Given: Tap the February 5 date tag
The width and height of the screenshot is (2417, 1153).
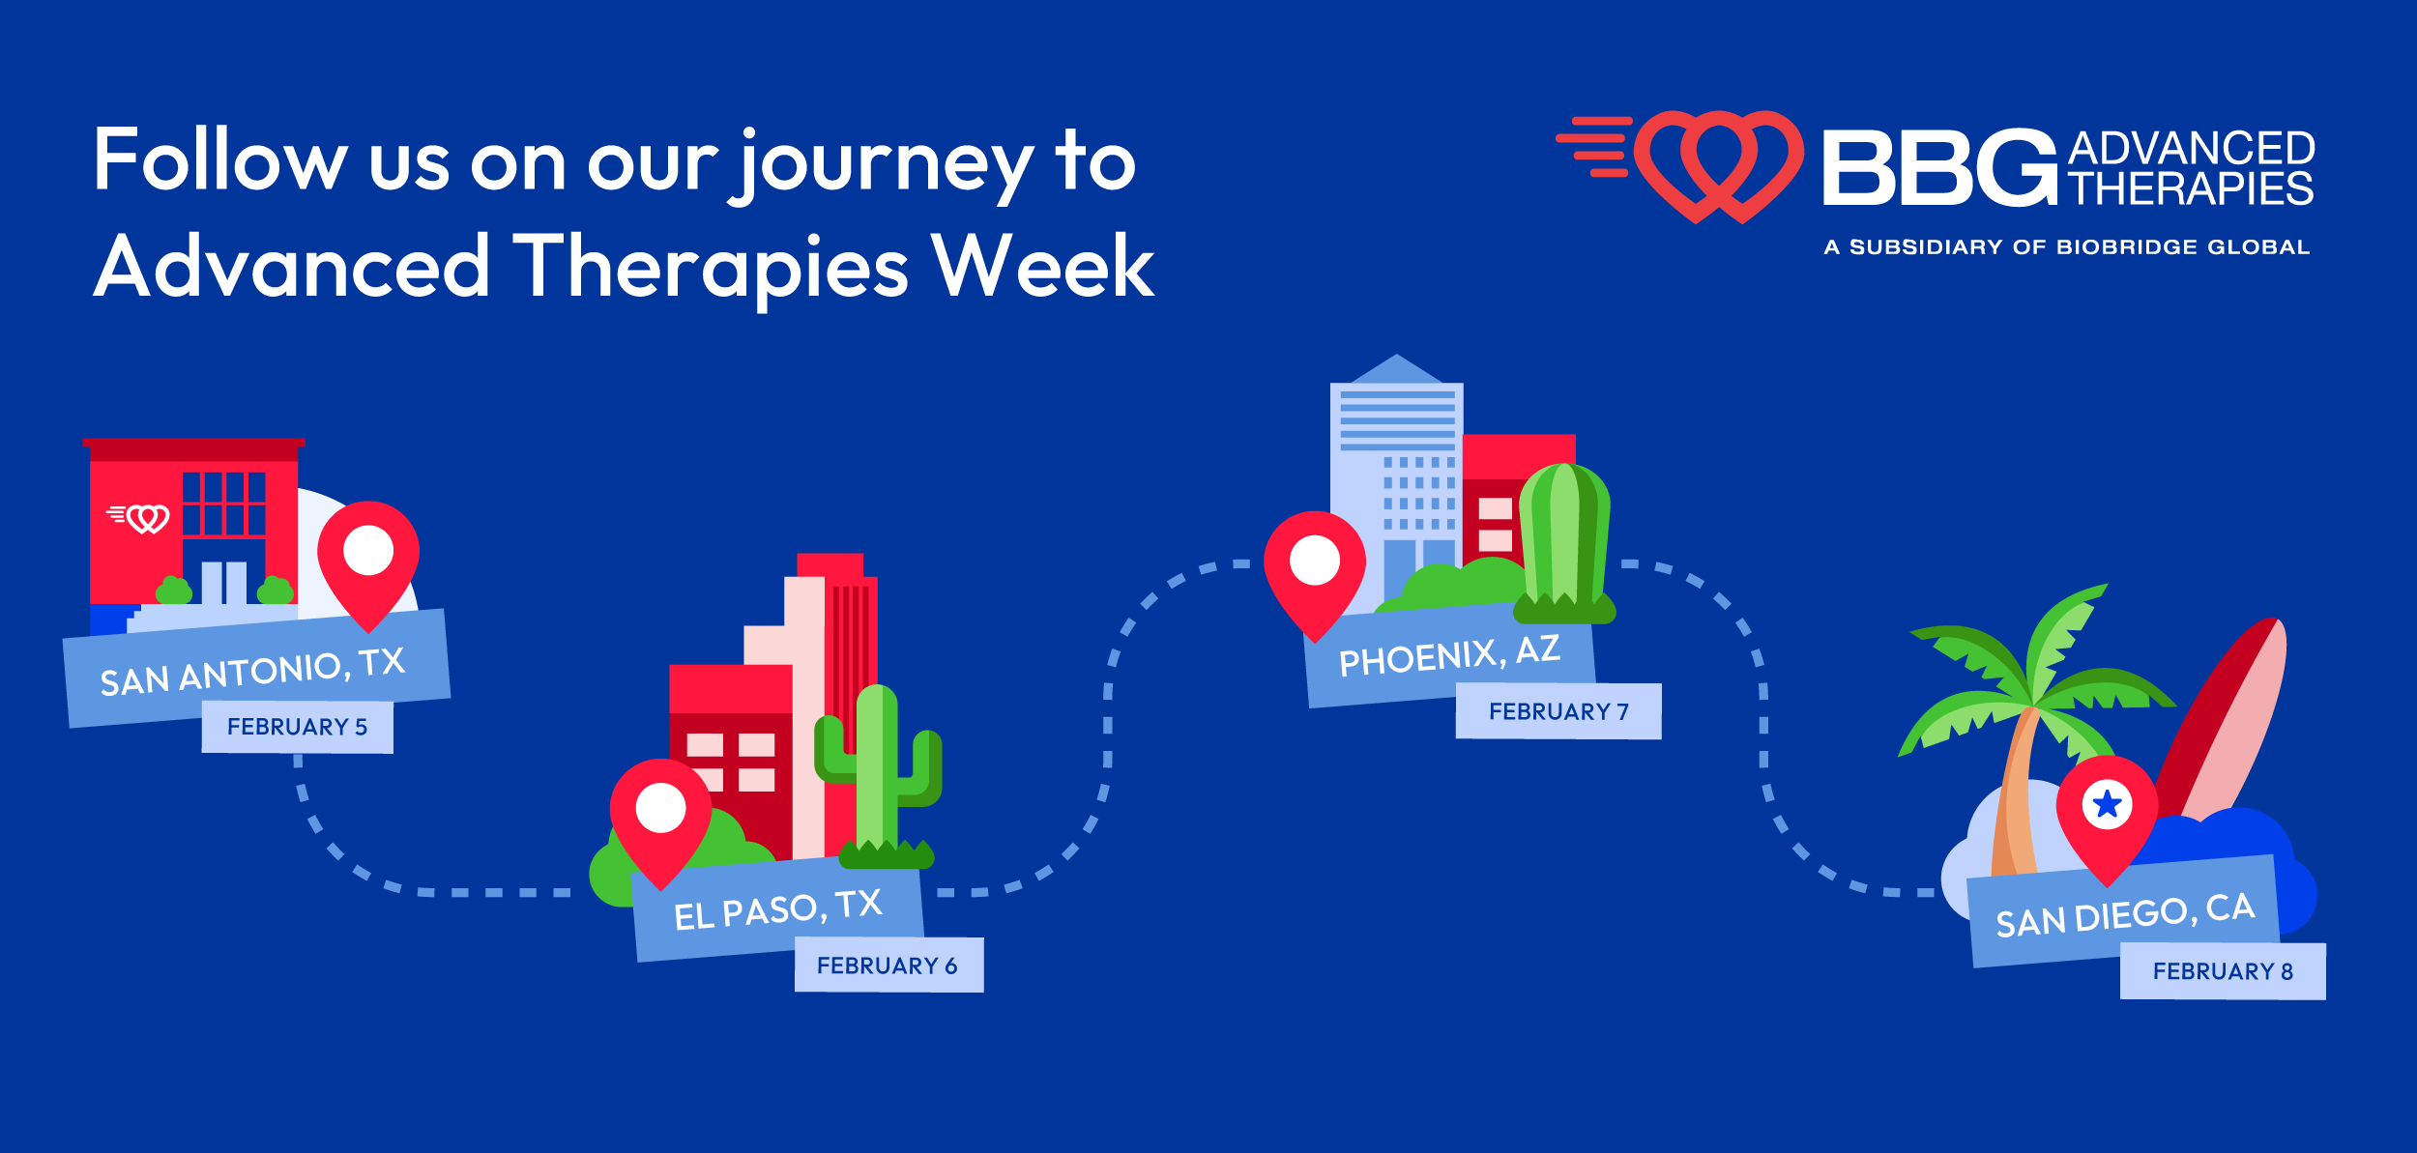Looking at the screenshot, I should tap(297, 727).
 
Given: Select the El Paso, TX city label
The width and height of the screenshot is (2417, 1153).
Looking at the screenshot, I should tap(777, 909).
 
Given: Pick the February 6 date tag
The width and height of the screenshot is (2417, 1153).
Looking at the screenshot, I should tap(888, 966).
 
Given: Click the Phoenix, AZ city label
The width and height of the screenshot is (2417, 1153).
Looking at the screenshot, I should tap(1448, 656).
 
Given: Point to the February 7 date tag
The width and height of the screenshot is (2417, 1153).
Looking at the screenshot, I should tap(1558, 711).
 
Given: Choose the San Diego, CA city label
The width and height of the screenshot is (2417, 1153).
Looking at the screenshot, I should tap(2125, 914).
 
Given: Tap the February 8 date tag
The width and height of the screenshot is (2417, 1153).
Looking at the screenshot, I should tap(2223, 971).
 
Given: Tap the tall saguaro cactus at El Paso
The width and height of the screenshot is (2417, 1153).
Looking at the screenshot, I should tap(878, 773).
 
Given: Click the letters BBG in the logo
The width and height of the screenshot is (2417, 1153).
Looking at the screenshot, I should tap(1938, 168).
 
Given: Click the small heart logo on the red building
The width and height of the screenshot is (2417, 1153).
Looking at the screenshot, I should tap(140, 518).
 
